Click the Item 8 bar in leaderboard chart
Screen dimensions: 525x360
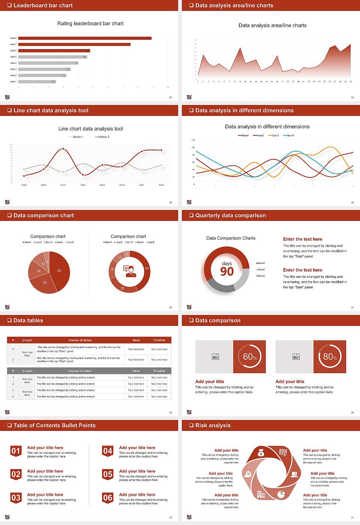(x=85, y=38)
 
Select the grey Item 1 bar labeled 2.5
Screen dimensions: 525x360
(x=37, y=81)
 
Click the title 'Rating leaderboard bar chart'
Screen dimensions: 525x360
(x=90, y=23)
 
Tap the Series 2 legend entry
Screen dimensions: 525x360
(x=102, y=137)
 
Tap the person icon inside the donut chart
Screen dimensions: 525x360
(x=129, y=271)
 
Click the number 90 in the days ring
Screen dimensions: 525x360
(x=227, y=271)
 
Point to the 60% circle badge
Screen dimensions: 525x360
(x=250, y=357)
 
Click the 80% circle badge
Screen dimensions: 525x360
(x=330, y=357)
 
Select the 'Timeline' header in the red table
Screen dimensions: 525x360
(x=159, y=340)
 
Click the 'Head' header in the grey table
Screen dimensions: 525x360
(x=136, y=371)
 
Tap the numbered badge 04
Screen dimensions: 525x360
(x=108, y=451)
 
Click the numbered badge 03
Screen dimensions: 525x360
(x=16, y=498)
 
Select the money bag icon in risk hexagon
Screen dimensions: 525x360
(x=261, y=453)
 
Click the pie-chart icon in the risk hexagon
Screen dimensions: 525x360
(x=281, y=494)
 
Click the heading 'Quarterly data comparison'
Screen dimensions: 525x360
(x=231, y=215)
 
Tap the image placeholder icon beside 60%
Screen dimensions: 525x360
(x=215, y=357)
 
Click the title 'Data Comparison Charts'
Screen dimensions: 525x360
(x=231, y=238)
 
